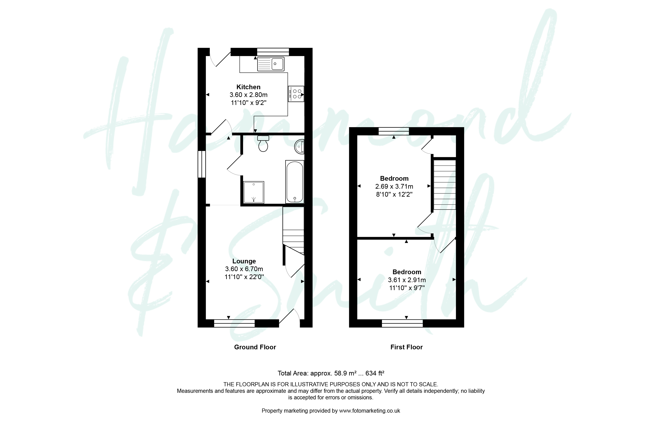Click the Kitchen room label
[248, 87]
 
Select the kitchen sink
[271, 64]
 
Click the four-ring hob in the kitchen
[296, 94]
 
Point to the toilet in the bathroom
[263, 144]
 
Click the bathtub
[295, 182]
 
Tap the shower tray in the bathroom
[254, 192]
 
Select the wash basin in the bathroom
[300, 147]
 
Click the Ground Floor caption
[255, 347]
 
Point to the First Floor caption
[406, 347]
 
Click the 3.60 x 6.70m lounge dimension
[244, 269]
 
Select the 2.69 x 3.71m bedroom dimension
[394, 186]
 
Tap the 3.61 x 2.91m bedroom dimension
[407, 280]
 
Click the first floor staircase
[444, 185]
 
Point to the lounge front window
[235, 323]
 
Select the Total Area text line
[331, 373]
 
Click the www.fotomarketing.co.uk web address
[370, 411]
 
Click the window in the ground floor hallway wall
[202, 164]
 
